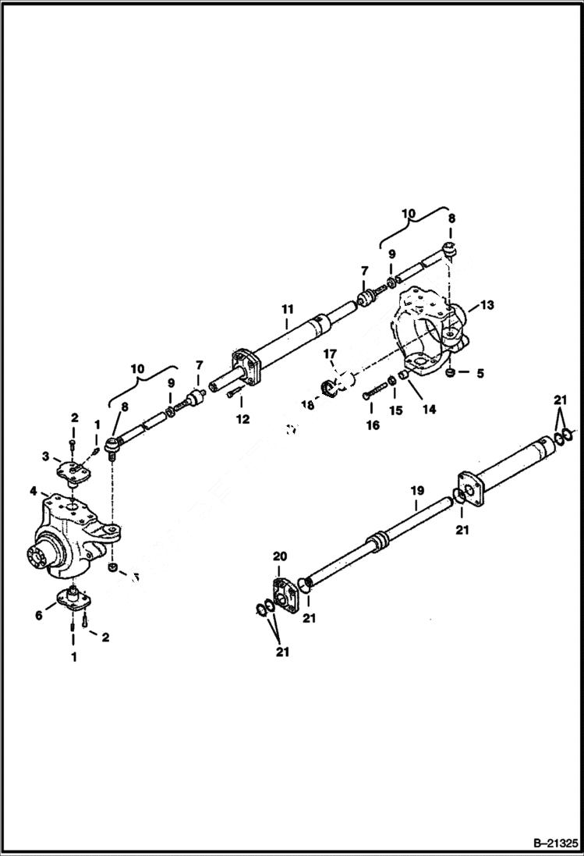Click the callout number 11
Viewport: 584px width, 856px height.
[x=286, y=309]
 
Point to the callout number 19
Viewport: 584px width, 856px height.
[x=417, y=491]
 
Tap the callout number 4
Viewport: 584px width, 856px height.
[x=34, y=491]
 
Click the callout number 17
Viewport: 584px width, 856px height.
[x=330, y=353]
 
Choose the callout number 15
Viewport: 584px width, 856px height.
[x=395, y=410]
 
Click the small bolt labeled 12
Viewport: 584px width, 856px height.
[x=232, y=395]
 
